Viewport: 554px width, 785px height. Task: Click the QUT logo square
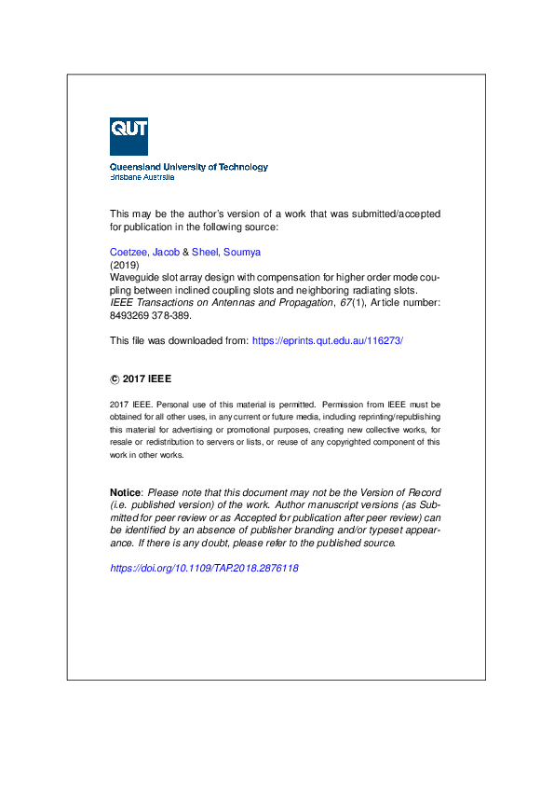coord(128,136)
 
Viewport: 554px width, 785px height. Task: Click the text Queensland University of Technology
coord(189,167)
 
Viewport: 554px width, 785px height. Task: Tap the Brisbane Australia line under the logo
coord(142,176)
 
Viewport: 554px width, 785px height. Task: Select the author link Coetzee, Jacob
coord(144,252)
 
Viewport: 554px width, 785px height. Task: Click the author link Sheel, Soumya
coord(226,252)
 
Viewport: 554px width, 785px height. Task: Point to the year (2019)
coord(123,265)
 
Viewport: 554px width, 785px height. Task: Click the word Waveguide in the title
coord(134,277)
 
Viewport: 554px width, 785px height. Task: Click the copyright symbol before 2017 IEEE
coord(115,379)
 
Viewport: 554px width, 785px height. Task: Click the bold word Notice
coord(126,492)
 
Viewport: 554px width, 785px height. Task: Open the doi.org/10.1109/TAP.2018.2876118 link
coord(204,568)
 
